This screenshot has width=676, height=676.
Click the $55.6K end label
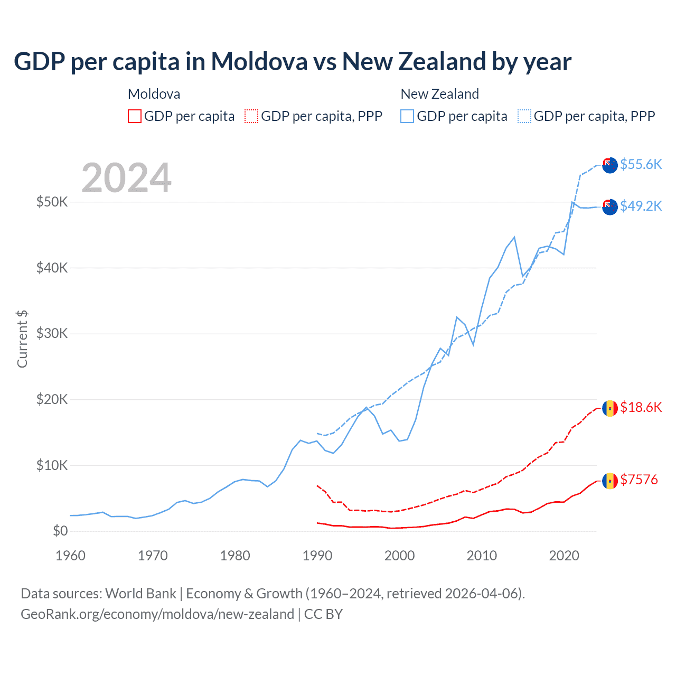(x=641, y=164)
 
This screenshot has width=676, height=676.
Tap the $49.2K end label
(x=641, y=206)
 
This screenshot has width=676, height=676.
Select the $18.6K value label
(x=641, y=407)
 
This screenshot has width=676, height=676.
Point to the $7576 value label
(x=639, y=480)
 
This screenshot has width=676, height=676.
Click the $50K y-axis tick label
(x=52, y=202)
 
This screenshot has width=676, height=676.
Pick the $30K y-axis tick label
(x=52, y=333)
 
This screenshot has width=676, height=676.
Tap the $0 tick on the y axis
(x=60, y=531)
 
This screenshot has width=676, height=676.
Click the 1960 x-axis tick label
(x=70, y=556)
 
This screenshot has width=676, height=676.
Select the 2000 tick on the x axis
(x=399, y=556)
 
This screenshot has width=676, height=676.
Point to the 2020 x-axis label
(x=564, y=556)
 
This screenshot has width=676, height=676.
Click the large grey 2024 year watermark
(x=127, y=178)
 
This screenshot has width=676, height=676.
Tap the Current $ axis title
(x=22, y=339)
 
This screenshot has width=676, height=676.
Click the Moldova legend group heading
(x=154, y=94)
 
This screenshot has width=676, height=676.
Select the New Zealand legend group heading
(x=439, y=94)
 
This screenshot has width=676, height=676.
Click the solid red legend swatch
(x=135, y=116)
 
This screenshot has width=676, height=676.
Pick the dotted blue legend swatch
(x=524, y=116)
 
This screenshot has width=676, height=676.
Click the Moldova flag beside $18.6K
(x=610, y=408)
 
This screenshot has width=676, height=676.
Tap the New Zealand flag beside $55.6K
(x=610, y=165)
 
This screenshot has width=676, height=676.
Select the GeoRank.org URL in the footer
(x=157, y=614)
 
